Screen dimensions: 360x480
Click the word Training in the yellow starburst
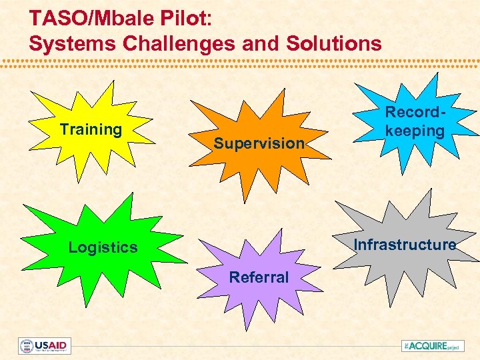click(91, 129)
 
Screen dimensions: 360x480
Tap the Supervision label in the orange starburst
click(259, 143)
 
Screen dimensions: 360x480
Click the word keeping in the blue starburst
click(415, 130)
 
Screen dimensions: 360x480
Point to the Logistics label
click(103, 247)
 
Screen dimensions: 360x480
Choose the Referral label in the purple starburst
click(259, 277)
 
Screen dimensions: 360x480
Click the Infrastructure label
click(405, 245)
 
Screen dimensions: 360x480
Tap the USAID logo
click(45, 346)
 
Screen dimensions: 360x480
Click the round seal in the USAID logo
click(27, 346)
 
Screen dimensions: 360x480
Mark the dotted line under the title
click(240, 64)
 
